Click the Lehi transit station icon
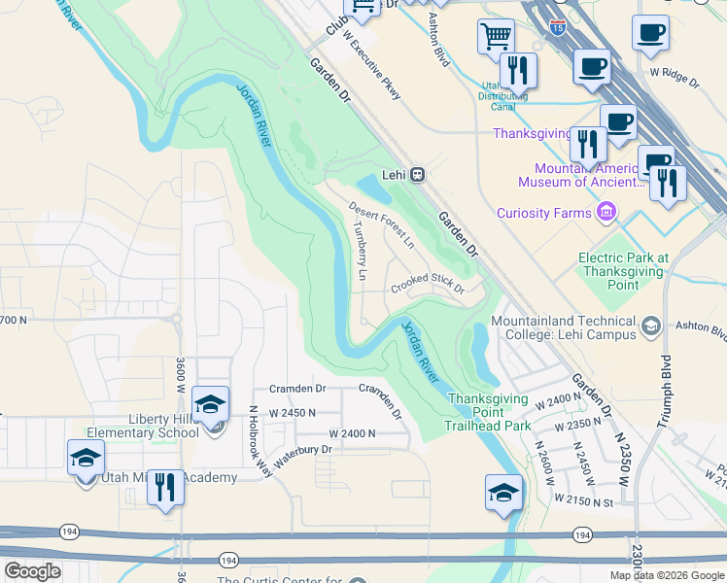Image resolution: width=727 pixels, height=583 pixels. click(417, 174)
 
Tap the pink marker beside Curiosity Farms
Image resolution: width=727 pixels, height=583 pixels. click(606, 211)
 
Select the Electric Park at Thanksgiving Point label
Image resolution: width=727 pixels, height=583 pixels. click(624, 271)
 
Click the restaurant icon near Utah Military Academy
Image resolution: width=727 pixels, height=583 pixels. click(166, 488)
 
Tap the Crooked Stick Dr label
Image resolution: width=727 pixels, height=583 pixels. click(429, 285)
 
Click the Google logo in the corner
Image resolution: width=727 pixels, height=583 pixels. click(33, 570)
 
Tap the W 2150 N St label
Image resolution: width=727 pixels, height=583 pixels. click(584, 497)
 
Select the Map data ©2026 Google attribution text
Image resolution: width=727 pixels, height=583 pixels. click(666, 575)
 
